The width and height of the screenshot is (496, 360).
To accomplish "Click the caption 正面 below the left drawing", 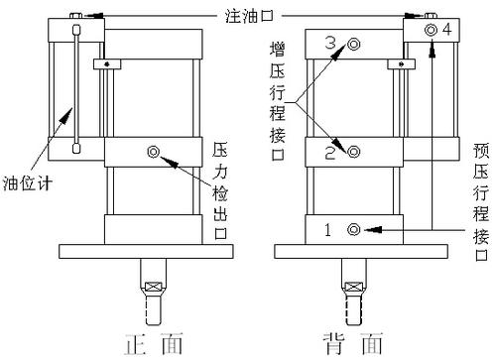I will pos(154,344).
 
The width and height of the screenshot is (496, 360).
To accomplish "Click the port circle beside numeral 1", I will pos(353,230).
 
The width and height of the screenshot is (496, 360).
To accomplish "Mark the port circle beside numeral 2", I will pos(354,152).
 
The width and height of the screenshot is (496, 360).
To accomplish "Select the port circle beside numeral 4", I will pos(432,31).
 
